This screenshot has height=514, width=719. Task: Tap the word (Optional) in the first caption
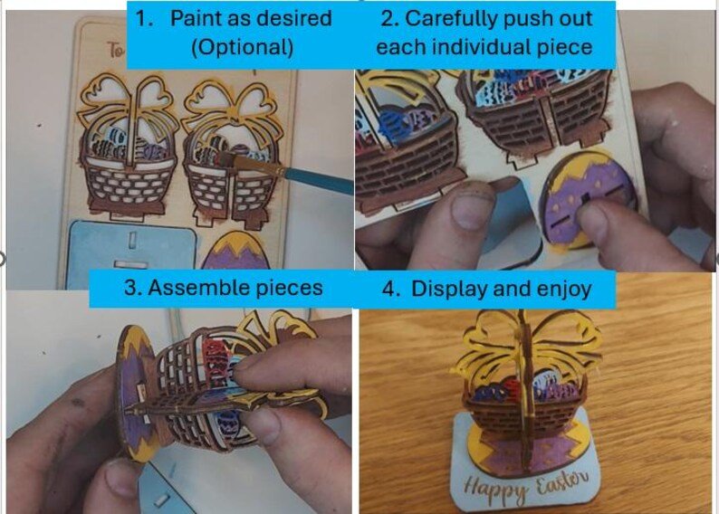242,47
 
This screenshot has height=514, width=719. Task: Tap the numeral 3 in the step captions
130,288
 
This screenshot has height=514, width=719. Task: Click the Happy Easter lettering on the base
526,487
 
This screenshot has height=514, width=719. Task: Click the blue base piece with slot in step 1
130,253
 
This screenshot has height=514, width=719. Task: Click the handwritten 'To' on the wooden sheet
116,50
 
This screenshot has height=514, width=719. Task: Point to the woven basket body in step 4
522,414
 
